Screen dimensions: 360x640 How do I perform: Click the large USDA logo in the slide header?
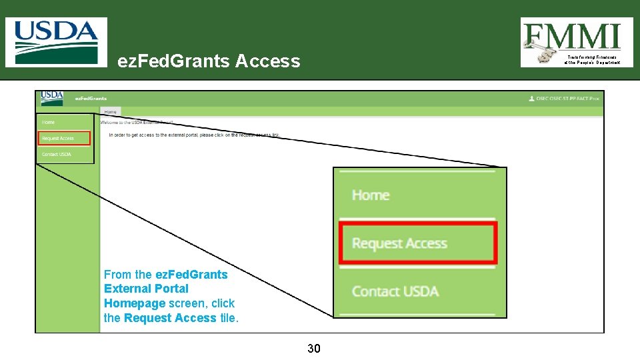[56, 41]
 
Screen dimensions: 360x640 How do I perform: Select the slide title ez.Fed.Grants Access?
[209, 61]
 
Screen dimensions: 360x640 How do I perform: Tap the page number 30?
[314, 348]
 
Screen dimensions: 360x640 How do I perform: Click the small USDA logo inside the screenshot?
[52, 97]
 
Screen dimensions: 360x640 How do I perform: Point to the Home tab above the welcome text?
[110, 112]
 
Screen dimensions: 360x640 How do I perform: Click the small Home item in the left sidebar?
[49, 123]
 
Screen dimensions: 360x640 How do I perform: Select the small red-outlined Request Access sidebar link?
[58, 139]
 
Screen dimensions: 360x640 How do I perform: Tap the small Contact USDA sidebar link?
[56, 155]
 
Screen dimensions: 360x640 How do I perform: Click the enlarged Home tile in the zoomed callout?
[371, 195]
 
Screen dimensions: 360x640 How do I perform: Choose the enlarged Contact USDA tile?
[395, 291]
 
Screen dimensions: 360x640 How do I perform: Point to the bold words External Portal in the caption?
[146, 289]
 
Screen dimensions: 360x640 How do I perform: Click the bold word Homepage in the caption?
[135, 303]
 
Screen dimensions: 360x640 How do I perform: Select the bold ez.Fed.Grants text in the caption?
[191, 275]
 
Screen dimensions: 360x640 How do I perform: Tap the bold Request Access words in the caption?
[170, 318]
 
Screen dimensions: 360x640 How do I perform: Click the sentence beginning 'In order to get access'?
[194, 135]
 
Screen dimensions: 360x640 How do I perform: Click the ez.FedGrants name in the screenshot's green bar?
[91, 98]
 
